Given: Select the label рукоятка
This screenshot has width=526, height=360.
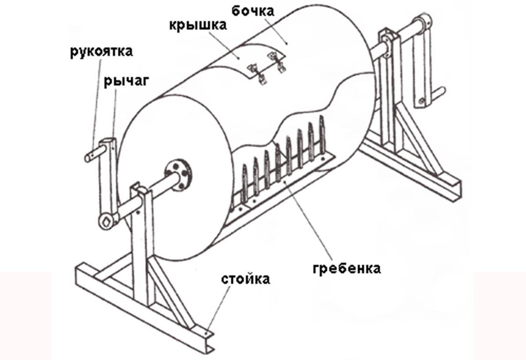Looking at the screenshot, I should [x=101, y=52].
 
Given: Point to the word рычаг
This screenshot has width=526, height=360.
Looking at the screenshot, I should [x=120, y=81].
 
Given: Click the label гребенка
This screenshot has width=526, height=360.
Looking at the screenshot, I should [x=347, y=267].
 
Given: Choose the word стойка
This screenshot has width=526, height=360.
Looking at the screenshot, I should [x=245, y=279].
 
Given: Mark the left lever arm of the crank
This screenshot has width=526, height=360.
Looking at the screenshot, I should [x=109, y=175].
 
